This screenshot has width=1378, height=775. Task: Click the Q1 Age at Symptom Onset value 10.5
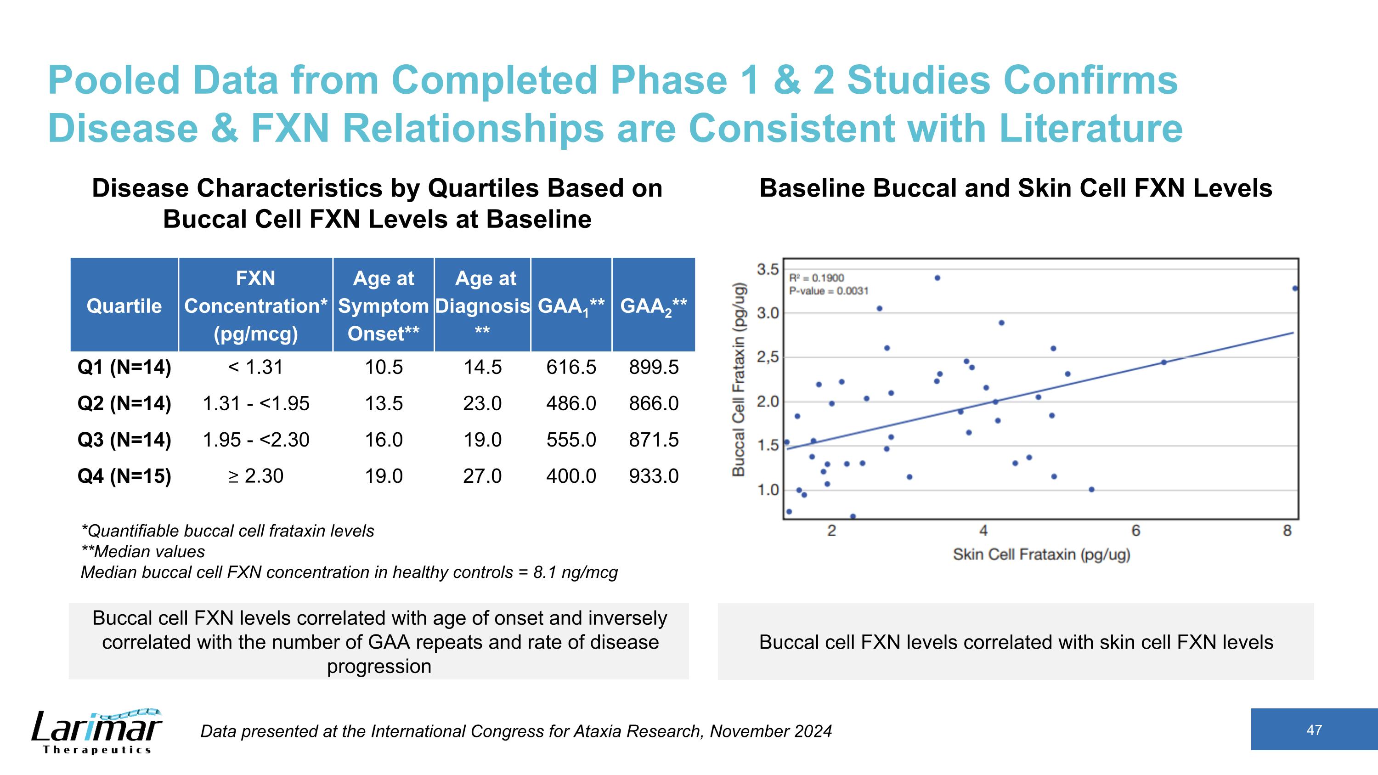click(x=384, y=368)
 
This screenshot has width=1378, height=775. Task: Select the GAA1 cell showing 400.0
click(x=571, y=476)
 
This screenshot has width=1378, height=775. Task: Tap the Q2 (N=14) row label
click(x=124, y=403)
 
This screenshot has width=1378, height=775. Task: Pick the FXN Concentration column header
click(x=256, y=305)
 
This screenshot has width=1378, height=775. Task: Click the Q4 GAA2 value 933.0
click(x=654, y=476)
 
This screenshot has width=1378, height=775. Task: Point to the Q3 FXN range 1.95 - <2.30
click(x=256, y=440)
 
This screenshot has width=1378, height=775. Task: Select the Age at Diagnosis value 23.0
click(x=482, y=403)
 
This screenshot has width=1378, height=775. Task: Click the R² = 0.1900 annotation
click(x=816, y=278)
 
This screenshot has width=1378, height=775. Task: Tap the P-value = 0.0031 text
click(x=829, y=291)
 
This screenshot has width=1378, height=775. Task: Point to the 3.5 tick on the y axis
click(x=768, y=269)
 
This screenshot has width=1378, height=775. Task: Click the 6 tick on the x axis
click(x=1135, y=531)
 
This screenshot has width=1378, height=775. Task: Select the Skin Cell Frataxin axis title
click(x=1041, y=554)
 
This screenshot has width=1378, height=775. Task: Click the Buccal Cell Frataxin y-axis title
click(x=739, y=379)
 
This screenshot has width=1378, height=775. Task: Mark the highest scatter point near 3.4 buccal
click(x=937, y=278)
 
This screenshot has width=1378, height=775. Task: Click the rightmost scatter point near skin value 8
click(x=1294, y=289)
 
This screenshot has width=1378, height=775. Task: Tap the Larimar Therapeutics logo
click(x=96, y=730)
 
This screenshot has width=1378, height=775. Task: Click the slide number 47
click(x=1314, y=730)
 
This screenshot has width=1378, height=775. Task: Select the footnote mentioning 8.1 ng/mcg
click(x=349, y=573)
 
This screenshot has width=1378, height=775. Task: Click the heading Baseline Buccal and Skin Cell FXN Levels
click(x=1015, y=189)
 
